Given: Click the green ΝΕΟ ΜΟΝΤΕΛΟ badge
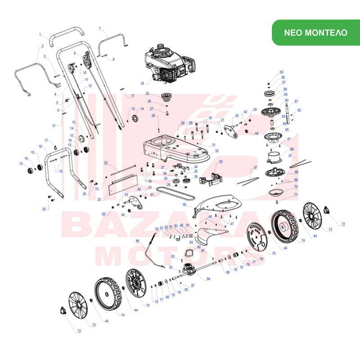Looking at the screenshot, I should tap(315, 33).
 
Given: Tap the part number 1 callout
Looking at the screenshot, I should tap(40, 35).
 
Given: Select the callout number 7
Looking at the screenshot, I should tap(100, 28).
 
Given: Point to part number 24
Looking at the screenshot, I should tap(143, 83).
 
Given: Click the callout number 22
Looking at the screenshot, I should tap(106, 162).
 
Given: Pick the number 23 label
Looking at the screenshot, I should tap(105, 198).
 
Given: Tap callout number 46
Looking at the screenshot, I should tap(184, 205).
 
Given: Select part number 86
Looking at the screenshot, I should tap(138, 241).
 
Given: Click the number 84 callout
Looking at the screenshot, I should tap(208, 279).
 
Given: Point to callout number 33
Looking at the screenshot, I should tap(220, 162).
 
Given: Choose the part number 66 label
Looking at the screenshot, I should tap(292, 149).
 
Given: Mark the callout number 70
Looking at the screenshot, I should tap(296, 187).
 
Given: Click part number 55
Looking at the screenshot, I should tap(281, 72).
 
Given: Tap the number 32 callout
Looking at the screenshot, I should tap(216, 151).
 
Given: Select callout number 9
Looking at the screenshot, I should tap(75, 54).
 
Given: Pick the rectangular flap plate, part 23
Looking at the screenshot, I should tap(122, 180).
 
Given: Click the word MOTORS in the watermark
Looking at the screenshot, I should tap(180, 257).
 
